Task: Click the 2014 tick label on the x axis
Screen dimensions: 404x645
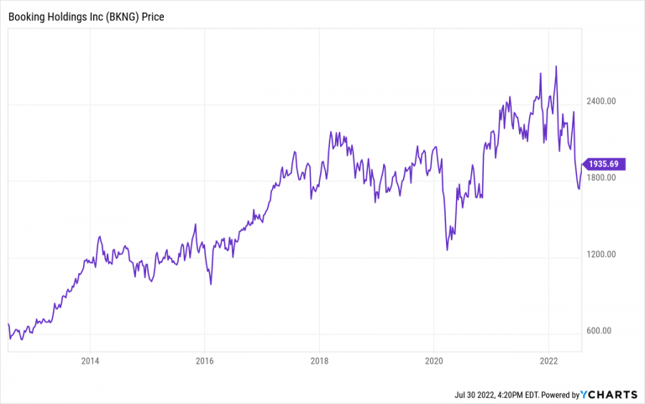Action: [x=90, y=362]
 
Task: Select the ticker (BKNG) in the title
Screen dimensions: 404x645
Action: [x=123, y=16]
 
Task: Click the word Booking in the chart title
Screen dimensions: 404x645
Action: [x=29, y=16]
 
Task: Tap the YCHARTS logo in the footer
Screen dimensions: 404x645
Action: [x=609, y=394]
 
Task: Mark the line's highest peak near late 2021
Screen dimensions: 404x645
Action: [x=556, y=66]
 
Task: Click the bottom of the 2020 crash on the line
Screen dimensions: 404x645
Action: [x=447, y=250]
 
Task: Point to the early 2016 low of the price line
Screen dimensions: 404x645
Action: [x=210, y=285]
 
